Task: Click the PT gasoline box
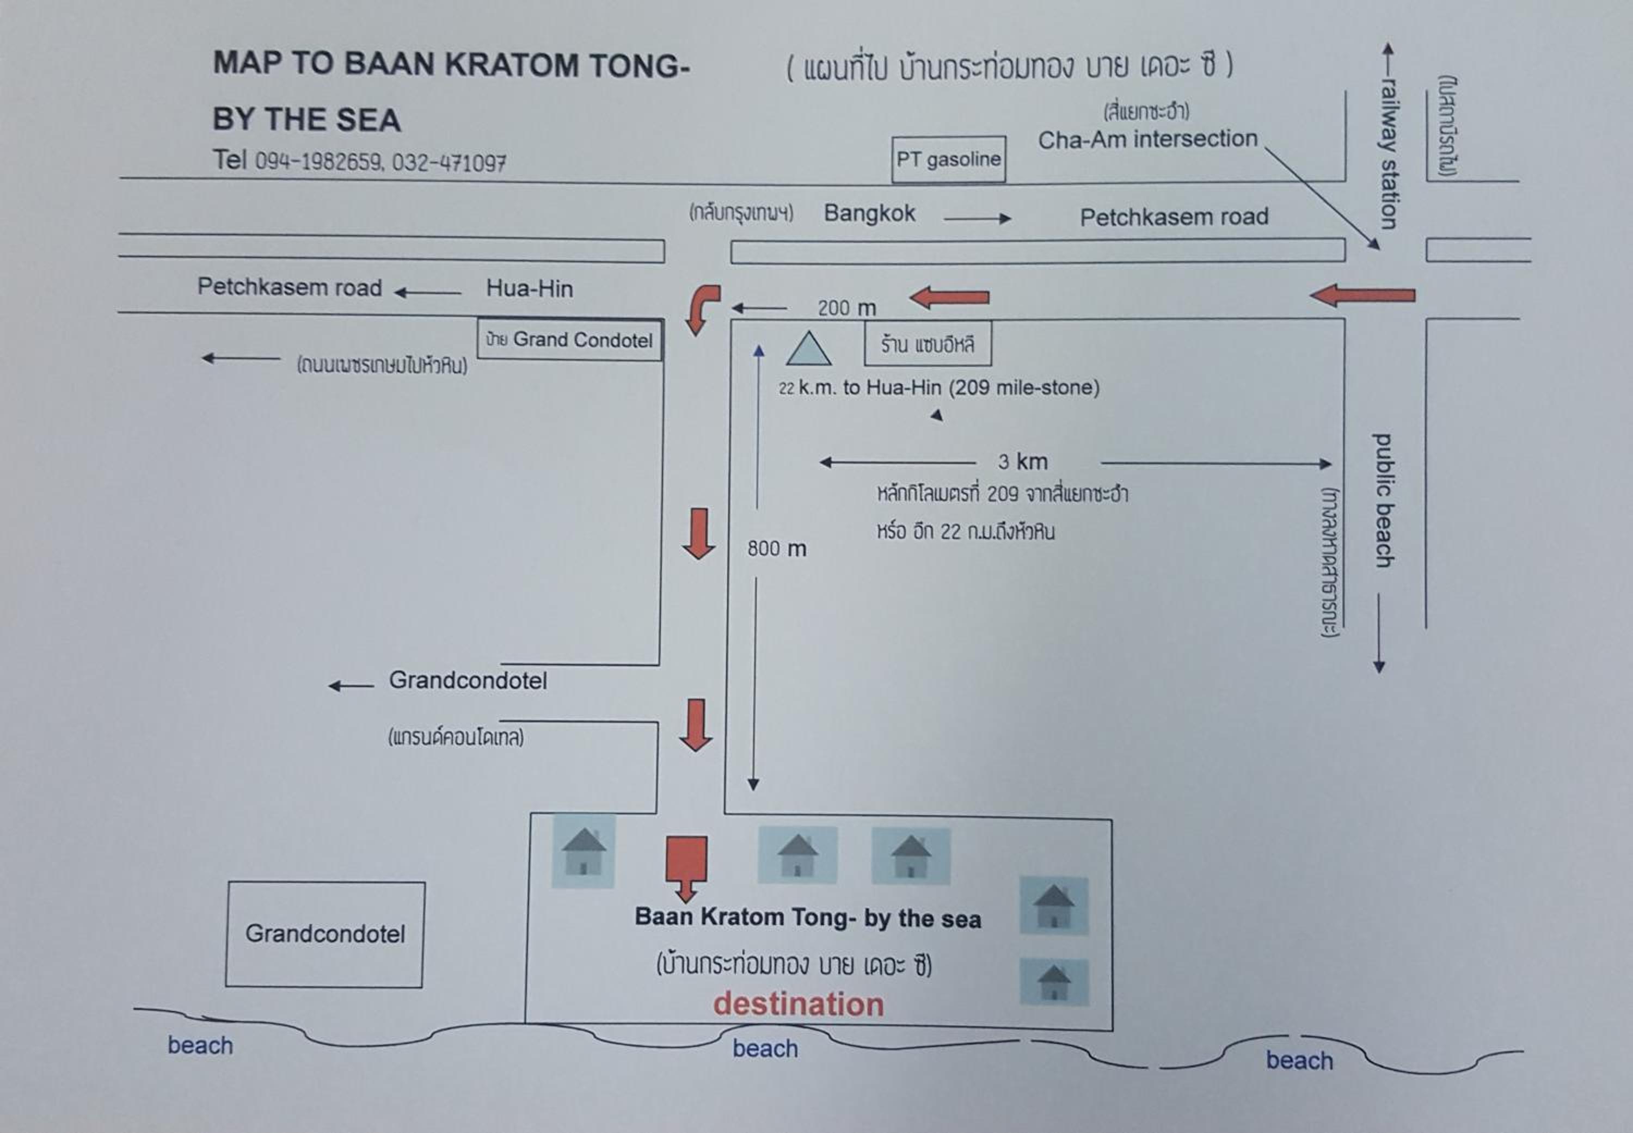(x=949, y=159)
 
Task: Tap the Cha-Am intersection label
(x=1147, y=139)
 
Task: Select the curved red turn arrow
(x=702, y=310)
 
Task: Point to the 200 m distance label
(x=846, y=308)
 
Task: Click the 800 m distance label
(x=777, y=549)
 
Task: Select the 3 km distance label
(x=1022, y=462)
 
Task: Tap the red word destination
(x=799, y=1004)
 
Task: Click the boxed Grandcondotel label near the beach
(x=325, y=934)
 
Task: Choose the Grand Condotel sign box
(x=570, y=340)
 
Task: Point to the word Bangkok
(x=869, y=213)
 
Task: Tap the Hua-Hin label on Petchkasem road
(x=529, y=288)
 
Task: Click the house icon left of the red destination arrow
(x=584, y=851)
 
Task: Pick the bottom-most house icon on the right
(x=1054, y=982)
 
